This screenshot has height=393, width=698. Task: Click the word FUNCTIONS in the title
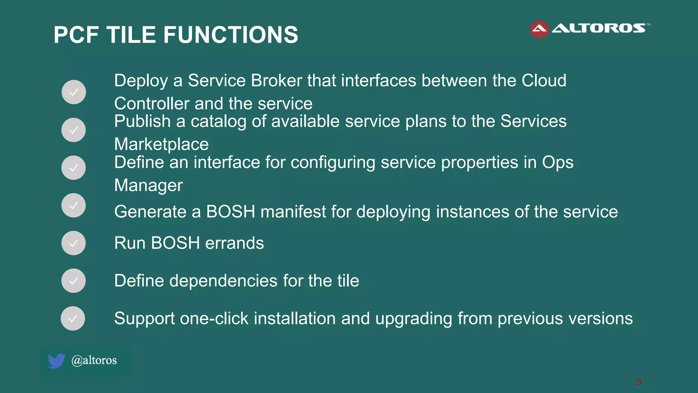(x=230, y=35)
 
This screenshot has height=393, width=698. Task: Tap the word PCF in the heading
(x=76, y=35)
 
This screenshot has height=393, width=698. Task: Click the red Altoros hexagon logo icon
(x=539, y=29)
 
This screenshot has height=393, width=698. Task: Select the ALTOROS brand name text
(x=598, y=28)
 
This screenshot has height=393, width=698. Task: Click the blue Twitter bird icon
(x=56, y=361)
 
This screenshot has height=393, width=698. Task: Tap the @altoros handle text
(x=94, y=360)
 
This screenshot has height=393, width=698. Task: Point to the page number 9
(x=639, y=382)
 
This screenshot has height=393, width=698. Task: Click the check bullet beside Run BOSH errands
(x=73, y=243)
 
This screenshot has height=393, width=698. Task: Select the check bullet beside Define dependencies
(x=73, y=281)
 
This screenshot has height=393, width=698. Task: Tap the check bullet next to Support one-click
(x=73, y=318)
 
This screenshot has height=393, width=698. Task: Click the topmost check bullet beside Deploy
(x=74, y=92)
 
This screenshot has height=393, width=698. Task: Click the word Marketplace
(x=161, y=144)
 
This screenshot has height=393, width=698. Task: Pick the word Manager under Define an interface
(x=148, y=186)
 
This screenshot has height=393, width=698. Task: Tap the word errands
(x=234, y=243)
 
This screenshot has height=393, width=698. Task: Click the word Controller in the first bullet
(x=151, y=104)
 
